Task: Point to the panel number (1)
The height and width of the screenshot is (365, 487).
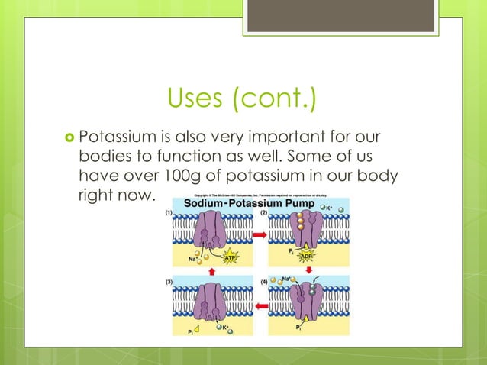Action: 170,215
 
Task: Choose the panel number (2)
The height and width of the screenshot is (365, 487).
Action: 263,215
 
